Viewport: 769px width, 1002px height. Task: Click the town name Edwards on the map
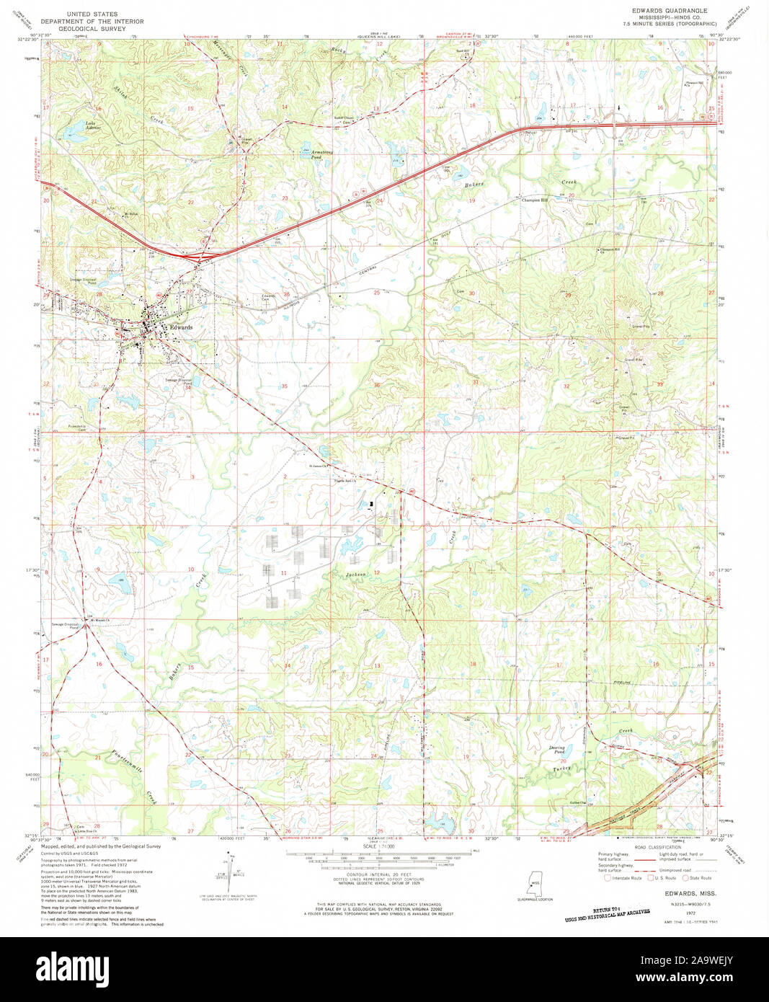click(x=180, y=327)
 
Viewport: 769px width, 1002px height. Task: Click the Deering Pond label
click(x=556, y=750)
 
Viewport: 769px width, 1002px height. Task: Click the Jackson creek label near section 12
click(x=356, y=575)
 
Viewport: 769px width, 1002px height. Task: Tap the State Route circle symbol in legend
click(x=685, y=877)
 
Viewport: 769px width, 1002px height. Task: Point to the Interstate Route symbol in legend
click(x=608, y=877)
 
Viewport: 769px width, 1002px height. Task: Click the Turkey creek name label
click(x=562, y=768)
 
